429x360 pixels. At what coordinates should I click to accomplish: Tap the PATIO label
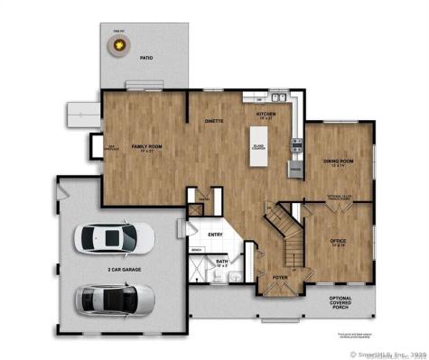coord(146,60)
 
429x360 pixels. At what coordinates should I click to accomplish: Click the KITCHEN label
coord(265,115)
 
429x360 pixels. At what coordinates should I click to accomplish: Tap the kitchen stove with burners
coord(297,143)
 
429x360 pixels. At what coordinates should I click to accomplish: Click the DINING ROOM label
coord(338,162)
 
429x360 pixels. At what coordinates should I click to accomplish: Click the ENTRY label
coord(215,235)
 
